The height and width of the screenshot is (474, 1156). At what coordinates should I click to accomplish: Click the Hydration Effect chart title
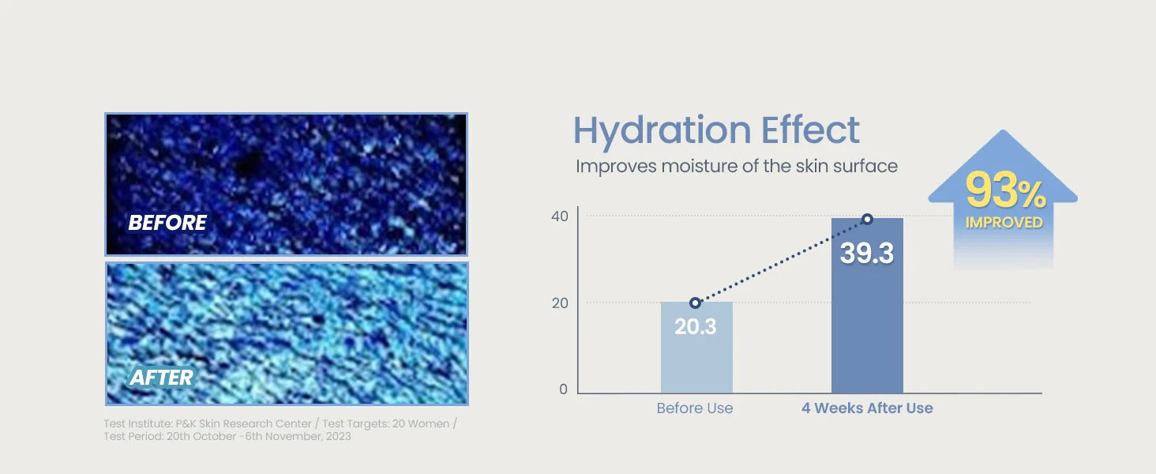pos(716,130)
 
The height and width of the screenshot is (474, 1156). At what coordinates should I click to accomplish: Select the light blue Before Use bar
pos(696,348)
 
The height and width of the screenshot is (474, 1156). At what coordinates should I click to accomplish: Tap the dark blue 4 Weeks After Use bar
pos(867,306)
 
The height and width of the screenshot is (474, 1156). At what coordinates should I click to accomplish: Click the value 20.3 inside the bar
pos(696,326)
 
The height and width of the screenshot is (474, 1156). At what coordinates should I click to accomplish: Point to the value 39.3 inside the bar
pos(867,253)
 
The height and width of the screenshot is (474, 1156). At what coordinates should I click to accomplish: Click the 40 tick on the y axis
pos(559,216)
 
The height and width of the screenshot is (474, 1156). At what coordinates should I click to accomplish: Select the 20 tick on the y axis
pos(559,303)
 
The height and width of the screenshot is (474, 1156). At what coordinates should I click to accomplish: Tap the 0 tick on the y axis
pos(564,389)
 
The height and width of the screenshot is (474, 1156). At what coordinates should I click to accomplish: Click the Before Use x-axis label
pos(695,408)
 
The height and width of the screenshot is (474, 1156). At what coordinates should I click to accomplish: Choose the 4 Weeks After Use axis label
pos(867,408)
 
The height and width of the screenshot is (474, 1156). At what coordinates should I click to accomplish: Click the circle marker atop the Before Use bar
pos(695,303)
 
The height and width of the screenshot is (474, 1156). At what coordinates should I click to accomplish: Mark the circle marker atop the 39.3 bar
pos(868,220)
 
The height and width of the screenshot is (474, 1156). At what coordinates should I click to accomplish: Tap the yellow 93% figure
pos(1005,190)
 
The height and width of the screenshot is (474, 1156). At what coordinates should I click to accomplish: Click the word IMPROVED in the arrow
pos(1004,223)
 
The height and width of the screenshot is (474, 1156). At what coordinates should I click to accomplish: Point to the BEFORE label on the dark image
pos(167,223)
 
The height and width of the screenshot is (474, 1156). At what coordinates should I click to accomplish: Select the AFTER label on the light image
pos(162,378)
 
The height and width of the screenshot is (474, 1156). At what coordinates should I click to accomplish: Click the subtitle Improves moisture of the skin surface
pos(737,166)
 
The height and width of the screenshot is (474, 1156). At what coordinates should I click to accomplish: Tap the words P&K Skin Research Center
pos(243,423)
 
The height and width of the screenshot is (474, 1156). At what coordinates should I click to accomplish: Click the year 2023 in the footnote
pos(338,436)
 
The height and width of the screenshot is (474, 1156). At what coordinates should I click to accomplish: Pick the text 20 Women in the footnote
pos(421,423)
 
